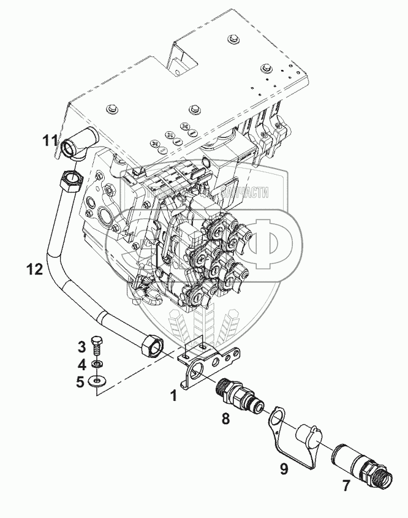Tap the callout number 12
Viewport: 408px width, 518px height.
(36, 268)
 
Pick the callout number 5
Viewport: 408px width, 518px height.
(80, 383)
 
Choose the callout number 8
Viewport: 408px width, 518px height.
(225, 420)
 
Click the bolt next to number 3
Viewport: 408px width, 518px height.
(96, 346)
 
